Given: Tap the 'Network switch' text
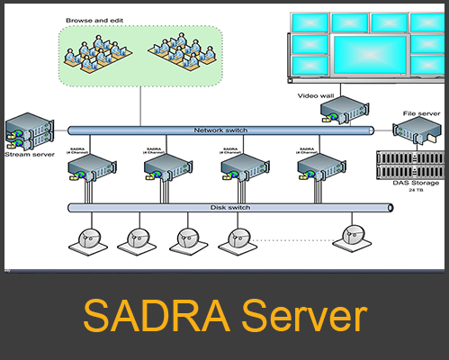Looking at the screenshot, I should pos(221,130).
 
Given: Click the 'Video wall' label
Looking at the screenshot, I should pos(317,94).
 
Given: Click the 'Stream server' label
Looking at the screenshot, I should pos(23,155).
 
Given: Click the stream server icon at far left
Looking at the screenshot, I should pos(25,131).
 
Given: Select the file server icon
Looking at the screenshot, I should pos(418,133).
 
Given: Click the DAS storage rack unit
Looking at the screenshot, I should pos(411,164).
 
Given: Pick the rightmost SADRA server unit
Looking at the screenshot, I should pos(319,167).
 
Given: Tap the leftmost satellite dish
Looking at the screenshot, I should pos(86,238).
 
